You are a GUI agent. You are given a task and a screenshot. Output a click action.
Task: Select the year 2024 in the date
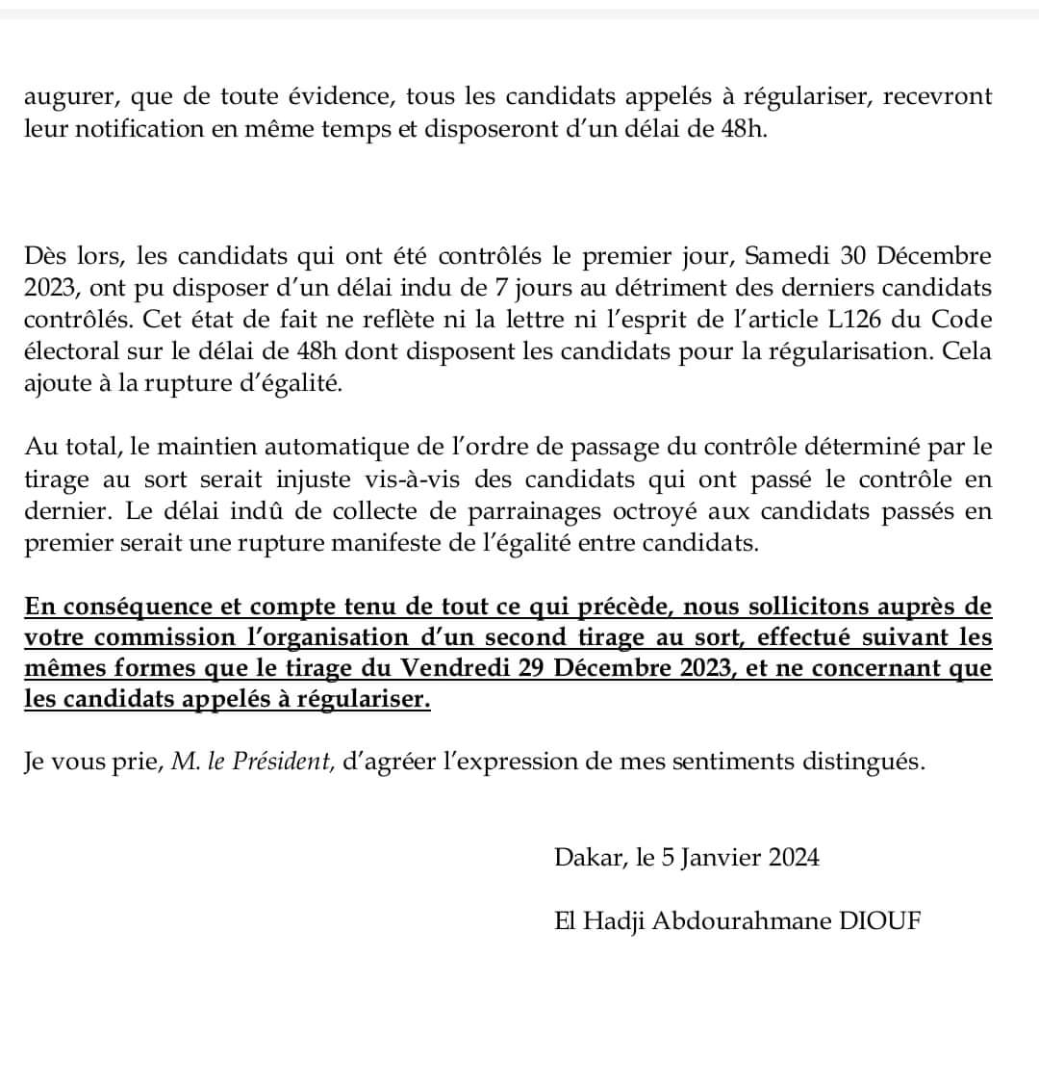coord(793,857)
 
